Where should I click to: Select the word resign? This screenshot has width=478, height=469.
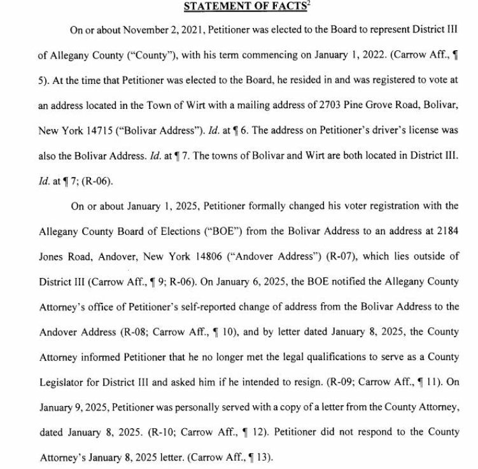pyautogui.click(x=300, y=382)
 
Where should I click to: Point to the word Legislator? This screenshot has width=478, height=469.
pyautogui.click(x=62, y=382)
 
